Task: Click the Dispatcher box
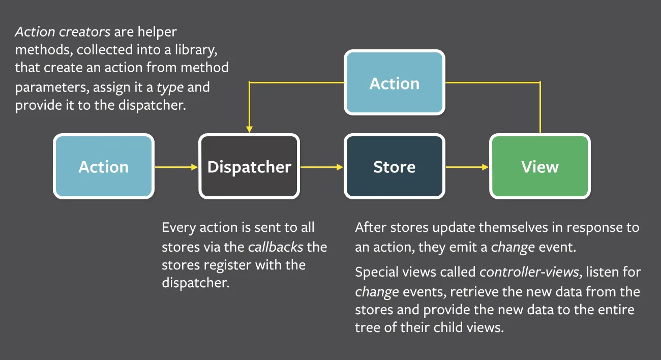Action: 249,166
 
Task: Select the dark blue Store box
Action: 394,166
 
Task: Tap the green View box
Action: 539,166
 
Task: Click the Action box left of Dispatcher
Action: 104,166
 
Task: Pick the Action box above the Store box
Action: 394,82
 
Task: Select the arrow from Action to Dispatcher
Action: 175,166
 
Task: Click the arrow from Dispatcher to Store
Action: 321,166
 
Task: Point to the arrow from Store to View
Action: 467,166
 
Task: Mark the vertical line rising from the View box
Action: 539,107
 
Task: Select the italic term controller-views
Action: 529,272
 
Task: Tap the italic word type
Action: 170,87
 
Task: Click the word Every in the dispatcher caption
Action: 178,227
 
